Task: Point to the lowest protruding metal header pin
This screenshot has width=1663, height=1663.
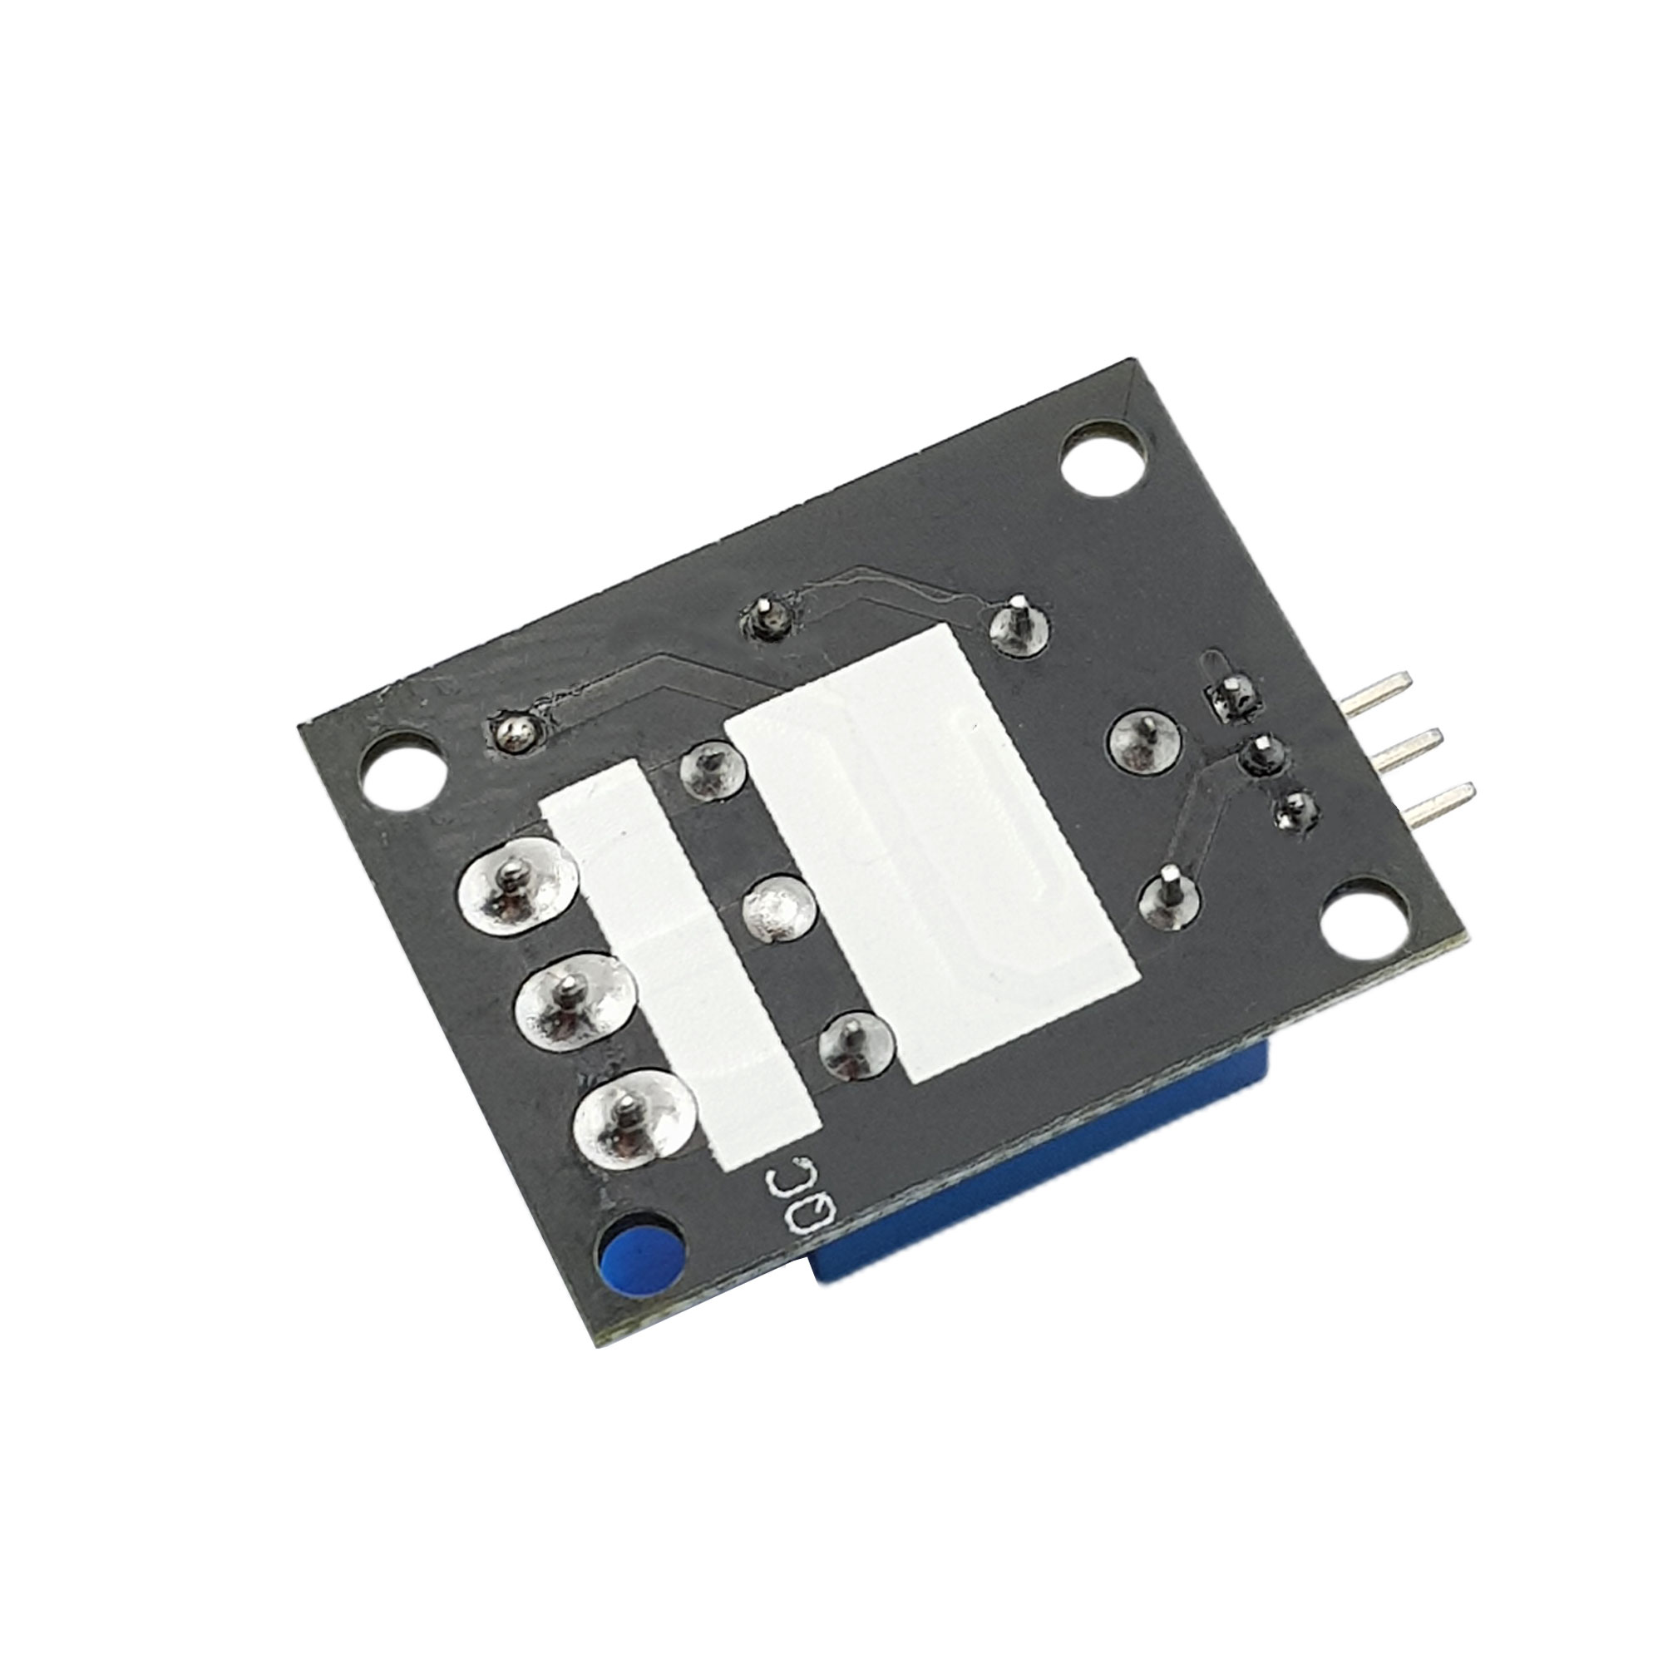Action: pos(1434,805)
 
